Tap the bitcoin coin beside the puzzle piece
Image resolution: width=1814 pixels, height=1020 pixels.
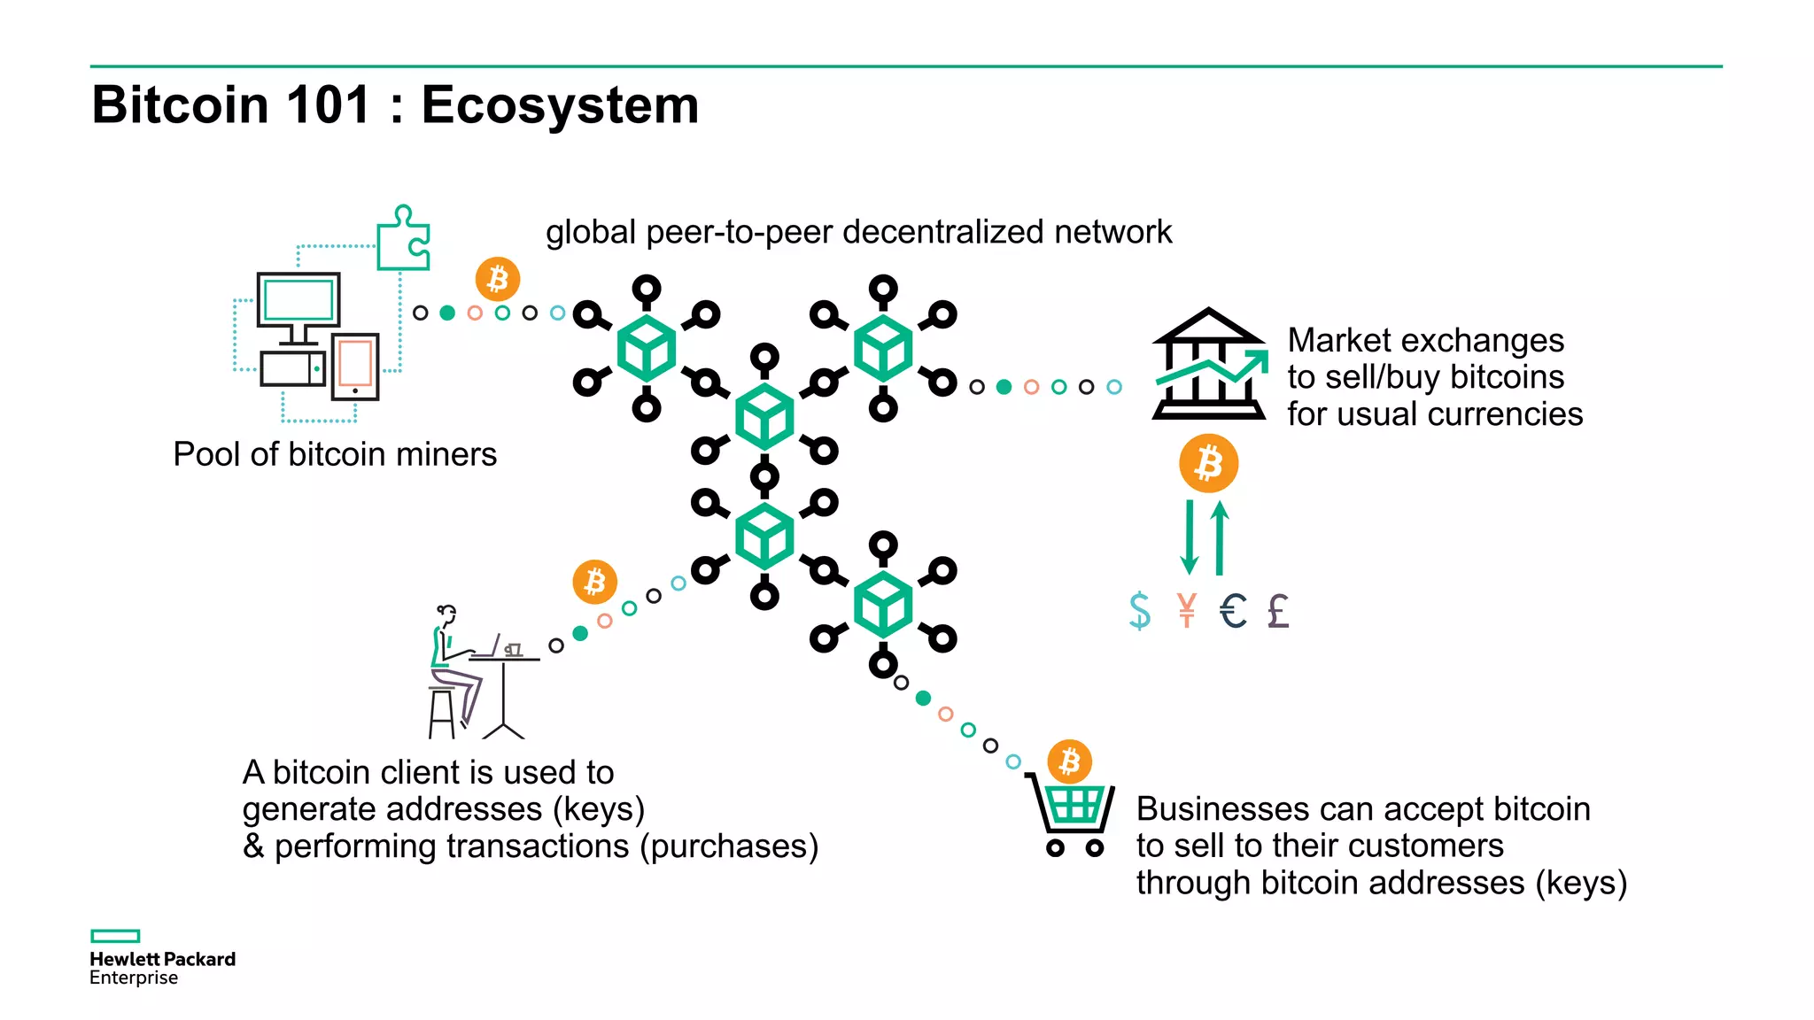pyautogui.click(x=498, y=279)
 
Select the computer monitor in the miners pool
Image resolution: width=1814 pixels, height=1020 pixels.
pyautogui.click(x=298, y=301)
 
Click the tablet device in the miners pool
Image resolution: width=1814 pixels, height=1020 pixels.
pyautogui.click(x=355, y=366)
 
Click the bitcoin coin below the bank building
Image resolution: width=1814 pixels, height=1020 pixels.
pyautogui.click(x=1208, y=463)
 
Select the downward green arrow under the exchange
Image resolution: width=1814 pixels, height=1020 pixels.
pyautogui.click(x=1190, y=537)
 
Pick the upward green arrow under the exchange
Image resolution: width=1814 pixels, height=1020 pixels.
pyautogui.click(x=1220, y=537)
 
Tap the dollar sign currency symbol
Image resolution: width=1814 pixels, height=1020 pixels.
pyautogui.click(x=1140, y=610)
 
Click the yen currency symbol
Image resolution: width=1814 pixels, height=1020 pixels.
pyautogui.click(x=1187, y=610)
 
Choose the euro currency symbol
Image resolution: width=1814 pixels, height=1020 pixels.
pyautogui.click(x=1233, y=610)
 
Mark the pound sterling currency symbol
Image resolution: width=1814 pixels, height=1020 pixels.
pyautogui.click(x=1278, y=610)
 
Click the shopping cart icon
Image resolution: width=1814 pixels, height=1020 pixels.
pyautogui.click(x=1071, y=815)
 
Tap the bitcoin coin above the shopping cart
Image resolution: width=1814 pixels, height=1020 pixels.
pyautogui.click(x=1070, y=761)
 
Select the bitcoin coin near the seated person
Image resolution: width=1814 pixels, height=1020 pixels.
pyautogui.click(x=595, y=582)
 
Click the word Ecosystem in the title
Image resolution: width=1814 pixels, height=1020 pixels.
pyautogui.click(x=560, y=104)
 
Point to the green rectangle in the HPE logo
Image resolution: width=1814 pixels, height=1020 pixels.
pyautogui.click(x=115, y=936)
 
